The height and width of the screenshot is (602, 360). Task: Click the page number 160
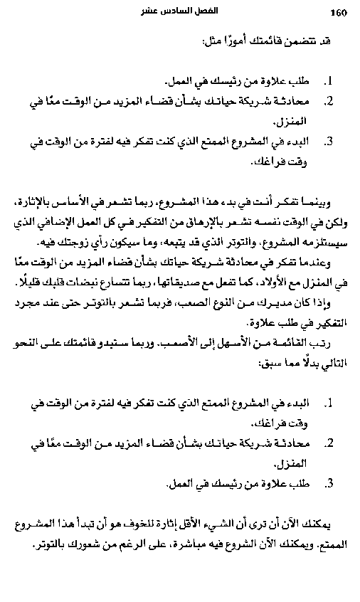pos(337,12)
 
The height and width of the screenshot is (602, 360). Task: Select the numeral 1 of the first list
pos(329,82)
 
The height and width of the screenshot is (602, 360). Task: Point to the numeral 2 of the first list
pos(329,102)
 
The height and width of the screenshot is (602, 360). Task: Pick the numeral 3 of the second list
pos(329,484)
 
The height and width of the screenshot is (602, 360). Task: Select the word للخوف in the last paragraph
pos(168,525)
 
